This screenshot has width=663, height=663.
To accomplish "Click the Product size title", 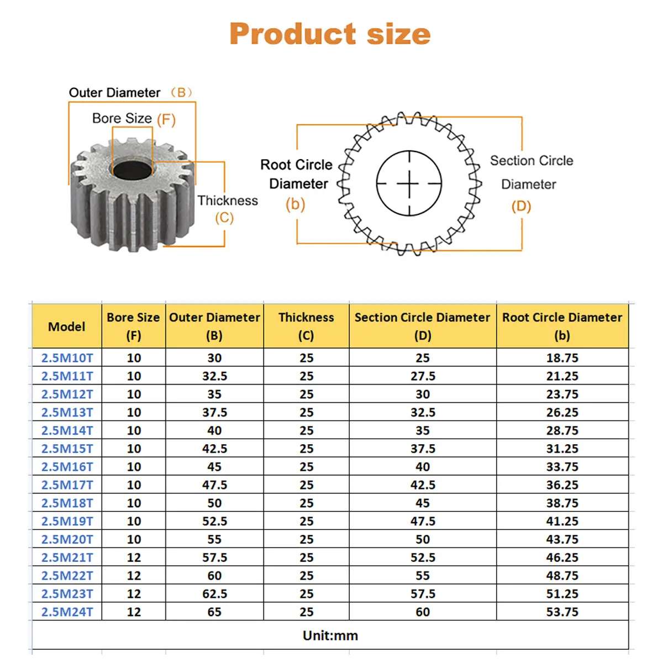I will pyautogui.click(x=330, y=34).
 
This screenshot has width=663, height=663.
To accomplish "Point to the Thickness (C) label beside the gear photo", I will pyautogui.click(x=227, y=208).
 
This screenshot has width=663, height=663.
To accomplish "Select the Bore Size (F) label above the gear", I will pyautogui.click(x=133, y=119).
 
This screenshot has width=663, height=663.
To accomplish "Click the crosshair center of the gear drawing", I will pyautogui.click(x=409, y=183).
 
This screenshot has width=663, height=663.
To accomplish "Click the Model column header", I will pyautogui.click(x=67, y=327).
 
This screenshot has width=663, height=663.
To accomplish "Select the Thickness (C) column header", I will pyautogui.click(x=306, y=326).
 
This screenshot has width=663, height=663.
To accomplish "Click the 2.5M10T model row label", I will pyautogui.click(x=67, y=358).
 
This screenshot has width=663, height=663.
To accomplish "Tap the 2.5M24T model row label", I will pyautogui.click(x=67, y=612).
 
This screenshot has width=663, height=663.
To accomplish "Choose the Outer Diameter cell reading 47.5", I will pyautogui.click(x=214, y=485).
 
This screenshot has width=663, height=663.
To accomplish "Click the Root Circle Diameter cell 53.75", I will pyautogui.click(x=562, y=612).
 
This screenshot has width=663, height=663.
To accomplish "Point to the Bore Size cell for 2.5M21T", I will pyautogui.click(x=134, y=557).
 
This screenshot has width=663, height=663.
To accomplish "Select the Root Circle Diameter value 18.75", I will pyautogui.click(x=562, y=358).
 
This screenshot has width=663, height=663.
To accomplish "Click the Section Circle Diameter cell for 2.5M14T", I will pyautogui.click(x=423, y=430).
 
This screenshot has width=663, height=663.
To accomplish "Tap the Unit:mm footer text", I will pyautogui.click(x=330, y=635).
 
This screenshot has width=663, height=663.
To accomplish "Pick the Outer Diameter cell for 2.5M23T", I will pyautogui.click(x=214, y=594).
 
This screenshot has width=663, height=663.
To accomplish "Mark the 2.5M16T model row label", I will pyautogui.click(x=67, y=467).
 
